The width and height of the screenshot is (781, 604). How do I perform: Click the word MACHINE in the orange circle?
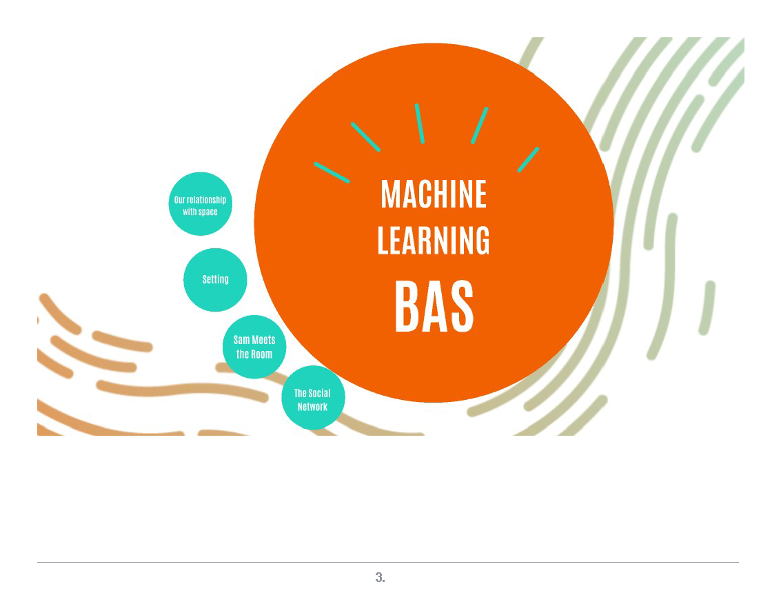coord(434,194)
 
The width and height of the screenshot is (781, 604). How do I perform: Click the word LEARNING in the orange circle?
coord(434,241)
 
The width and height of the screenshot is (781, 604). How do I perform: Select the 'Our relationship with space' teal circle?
coord(200,204)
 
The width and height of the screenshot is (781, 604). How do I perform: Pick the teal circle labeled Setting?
coord(215,280)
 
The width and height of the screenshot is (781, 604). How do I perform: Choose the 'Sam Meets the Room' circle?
coord(254,347)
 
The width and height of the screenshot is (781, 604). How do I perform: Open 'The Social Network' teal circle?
coord(313,398)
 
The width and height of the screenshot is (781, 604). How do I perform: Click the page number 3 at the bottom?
coord(380,577)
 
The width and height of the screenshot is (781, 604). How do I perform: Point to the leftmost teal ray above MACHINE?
coord(332,172)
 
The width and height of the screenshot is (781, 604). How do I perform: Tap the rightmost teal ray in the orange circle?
coord(529,159)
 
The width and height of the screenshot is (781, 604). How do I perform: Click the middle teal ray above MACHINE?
coord(419,123)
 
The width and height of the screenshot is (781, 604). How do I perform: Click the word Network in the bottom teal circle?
coord(312,407)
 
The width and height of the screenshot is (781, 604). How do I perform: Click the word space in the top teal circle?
coord(208,212)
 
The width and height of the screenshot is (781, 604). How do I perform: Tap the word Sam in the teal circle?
coord(241,340)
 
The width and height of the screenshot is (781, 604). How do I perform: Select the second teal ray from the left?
coord(365,137)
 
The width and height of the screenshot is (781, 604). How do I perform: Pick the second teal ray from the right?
coord(480,125)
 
